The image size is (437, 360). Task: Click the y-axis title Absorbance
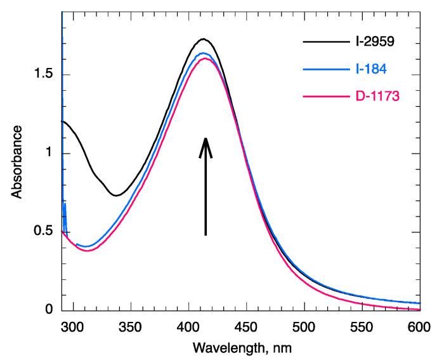click(x=18, y=161)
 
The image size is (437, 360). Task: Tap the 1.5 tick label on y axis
click(x=44, y=76)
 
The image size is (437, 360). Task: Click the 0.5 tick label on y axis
click(x=44, y=232)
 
